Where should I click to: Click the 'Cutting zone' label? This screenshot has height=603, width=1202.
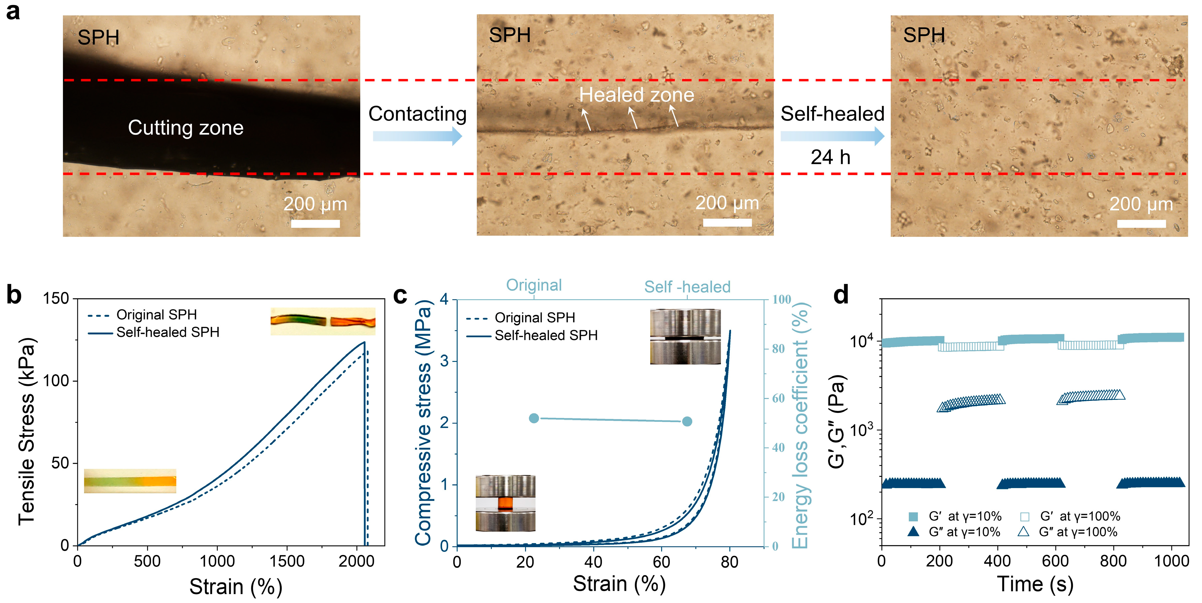click(x=186, y=128)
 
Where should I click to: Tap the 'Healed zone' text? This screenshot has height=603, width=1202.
click(x=636, y=95)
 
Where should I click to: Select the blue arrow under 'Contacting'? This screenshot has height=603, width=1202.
click(x=417, y=136)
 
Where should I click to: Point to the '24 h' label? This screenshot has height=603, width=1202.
click(x=830, y=157)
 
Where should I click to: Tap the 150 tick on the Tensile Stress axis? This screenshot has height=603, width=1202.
click(x=56, y=298)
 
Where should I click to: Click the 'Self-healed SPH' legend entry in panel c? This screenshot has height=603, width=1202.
click(x=546, y=335)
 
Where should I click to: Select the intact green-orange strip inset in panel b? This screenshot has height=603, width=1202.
click(x=130, y=481)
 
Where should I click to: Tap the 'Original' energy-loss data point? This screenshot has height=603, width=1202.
click(x=534, y=418)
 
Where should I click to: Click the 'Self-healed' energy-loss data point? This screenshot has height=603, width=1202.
click(x=687, y=422)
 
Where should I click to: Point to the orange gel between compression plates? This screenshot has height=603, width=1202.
click(x=505, y=503)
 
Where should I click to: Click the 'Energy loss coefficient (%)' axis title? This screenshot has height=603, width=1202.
click(x=800, y=425)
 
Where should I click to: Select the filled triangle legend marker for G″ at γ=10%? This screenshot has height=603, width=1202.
click(x=913, y=532)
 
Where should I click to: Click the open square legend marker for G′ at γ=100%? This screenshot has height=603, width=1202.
click(x=1025, y=516)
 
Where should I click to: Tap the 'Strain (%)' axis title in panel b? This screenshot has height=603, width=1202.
click(x=236, y=586)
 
